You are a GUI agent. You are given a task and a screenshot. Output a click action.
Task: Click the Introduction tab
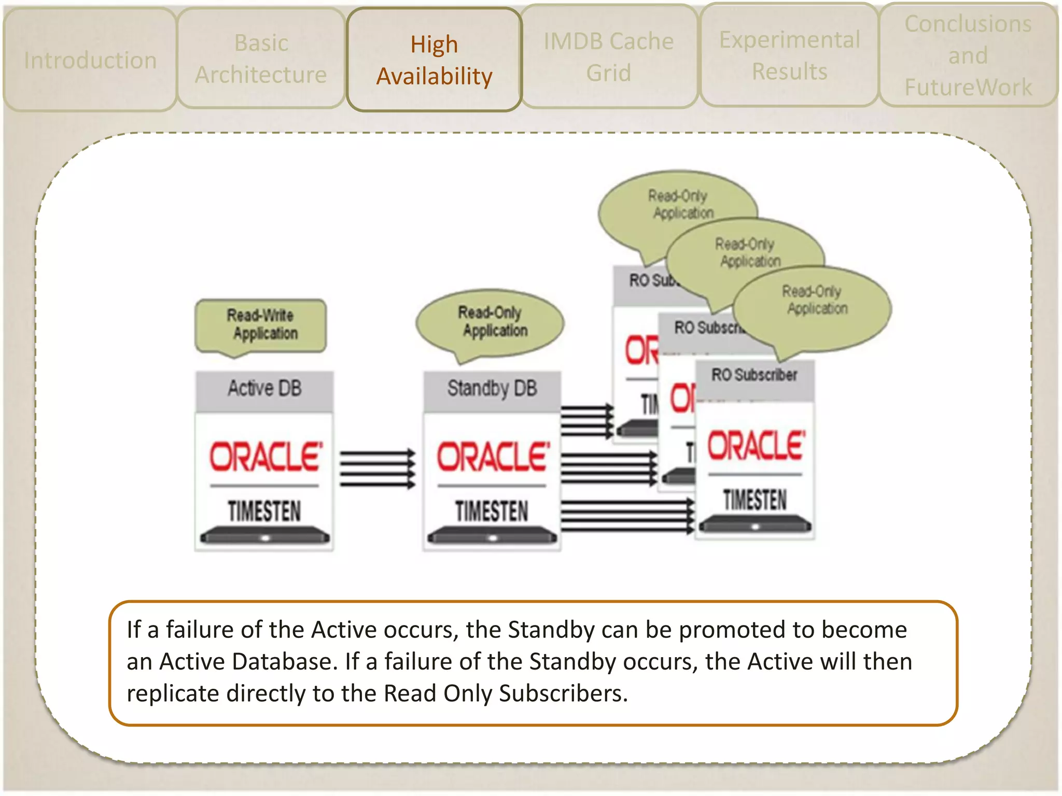click(x=90, y=60)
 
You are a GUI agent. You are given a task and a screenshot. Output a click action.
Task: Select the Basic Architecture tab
click(x=261, y=58)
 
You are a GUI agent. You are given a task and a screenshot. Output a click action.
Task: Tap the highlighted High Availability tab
click(x=434, y=60)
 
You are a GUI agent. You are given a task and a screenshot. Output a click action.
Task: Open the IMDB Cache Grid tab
click(x=608, y=56)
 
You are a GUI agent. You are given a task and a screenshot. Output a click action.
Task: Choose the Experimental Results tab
click(x=789, y=55)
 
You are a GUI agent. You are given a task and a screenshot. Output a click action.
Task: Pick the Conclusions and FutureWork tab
click(x=968, y=55)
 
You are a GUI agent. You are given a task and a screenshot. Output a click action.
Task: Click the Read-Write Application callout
click(x=261, y=325)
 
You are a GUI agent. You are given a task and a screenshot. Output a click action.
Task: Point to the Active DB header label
click(x=264, y=389)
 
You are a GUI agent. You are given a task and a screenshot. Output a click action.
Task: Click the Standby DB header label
click(x=492, y=389)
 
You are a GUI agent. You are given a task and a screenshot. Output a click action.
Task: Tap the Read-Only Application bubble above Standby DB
click(x=492, y=322)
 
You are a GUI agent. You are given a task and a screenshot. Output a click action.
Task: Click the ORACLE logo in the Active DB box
click(x=265, y=457)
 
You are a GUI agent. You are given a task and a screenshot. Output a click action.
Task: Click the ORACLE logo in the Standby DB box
click(x=493, y=457)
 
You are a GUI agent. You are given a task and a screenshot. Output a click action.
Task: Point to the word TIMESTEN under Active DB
click(x=264, y=511)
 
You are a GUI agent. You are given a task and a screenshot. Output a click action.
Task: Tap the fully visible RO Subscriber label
click(x=754, y=375)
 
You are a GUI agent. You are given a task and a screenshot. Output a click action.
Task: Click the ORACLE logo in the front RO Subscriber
click(x=756, y=446)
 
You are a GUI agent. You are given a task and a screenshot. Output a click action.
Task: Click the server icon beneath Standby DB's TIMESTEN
click(x=492, y=537)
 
